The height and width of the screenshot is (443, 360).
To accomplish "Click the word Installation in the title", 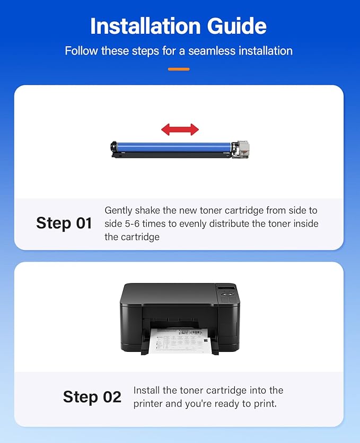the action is (145, 26).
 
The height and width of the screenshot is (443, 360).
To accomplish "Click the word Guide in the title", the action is (237, 26).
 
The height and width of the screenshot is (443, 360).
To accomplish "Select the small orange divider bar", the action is (179, 69).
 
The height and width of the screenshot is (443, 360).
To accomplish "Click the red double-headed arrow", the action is (180, 130).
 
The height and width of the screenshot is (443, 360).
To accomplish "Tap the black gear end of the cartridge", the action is (113, 147).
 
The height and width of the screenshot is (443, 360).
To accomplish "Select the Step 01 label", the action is (64, 223).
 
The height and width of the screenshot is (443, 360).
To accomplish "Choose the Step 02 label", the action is (92, 397).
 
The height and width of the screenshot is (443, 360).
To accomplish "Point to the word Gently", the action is (118, 211).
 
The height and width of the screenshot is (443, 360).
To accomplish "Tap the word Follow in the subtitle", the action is (82, 51).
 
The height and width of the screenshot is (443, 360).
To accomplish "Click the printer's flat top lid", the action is (170, 293).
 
